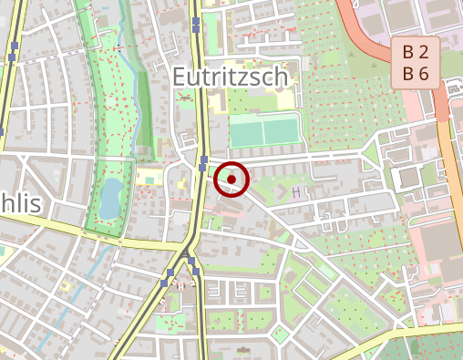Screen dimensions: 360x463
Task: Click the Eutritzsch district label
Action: pyautogui.click(x=231, y=77)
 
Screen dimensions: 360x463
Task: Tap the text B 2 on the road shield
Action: pyautogui.click(x=416, y=53)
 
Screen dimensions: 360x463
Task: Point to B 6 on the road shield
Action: pyautogui.click(x=416, y=73)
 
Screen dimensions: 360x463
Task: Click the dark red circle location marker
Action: pyautogui.click(x=231, y=180)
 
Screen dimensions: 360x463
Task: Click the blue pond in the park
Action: pyautogui.click(x=109, y=198)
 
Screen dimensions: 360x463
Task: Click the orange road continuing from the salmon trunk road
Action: pyautogui.click(x=451, y=182)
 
